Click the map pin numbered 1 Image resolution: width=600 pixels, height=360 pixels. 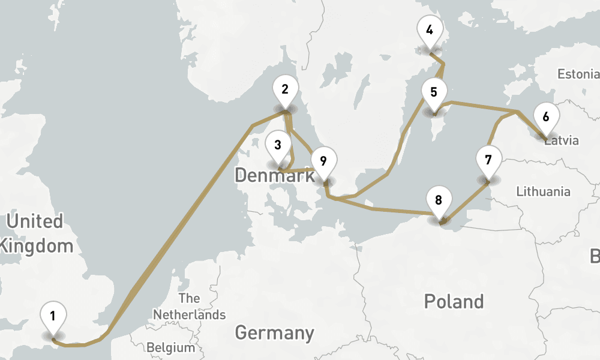pos(53,316)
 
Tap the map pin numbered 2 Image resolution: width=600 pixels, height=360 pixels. pos(285,91)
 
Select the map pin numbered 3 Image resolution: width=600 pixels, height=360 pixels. pos(278,146)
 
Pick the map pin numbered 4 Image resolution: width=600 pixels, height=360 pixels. pos(429,31)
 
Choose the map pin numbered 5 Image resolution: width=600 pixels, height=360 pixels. pos(434,94)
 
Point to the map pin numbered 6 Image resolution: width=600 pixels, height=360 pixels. pos(545,118)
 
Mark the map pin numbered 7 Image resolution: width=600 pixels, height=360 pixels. pos(488,161)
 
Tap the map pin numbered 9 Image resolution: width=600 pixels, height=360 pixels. pos(323,162)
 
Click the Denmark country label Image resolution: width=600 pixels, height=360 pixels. pos(274,176)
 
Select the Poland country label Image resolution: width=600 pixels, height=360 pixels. pos(454,301)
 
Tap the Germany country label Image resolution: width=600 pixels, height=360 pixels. pos(274,332)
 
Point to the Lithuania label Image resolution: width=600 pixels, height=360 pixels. pos(544,192)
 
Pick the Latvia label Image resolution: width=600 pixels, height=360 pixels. pos(562,141)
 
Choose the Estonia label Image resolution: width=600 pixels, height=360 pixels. pos(578,74)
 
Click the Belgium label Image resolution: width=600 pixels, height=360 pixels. pos(171,347)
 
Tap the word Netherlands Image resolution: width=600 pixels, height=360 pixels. pos(189,314)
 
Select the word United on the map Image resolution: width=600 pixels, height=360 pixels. pos(34,221)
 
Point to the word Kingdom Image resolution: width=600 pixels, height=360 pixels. pos(37,245)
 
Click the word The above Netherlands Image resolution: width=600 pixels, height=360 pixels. pos(189,298)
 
